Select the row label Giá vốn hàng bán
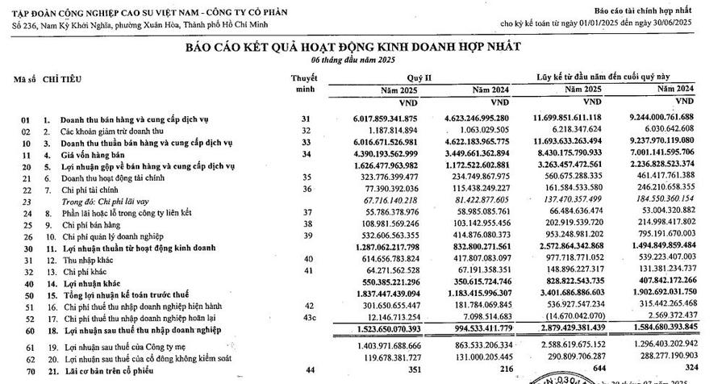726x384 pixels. pyautogui.click(x=90, y=154)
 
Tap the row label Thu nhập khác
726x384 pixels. pyautogui.click(x=80, y=261)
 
